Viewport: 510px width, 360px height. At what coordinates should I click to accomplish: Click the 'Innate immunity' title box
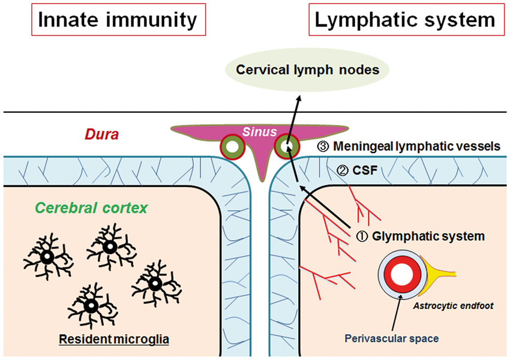pyautogui.click(x=119, y=20)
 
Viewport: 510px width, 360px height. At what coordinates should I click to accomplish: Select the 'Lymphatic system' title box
pyautogui.click(x=407, y=20)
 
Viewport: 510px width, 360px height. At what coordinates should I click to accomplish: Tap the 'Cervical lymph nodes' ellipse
pyautogui.click(x=307, y=70)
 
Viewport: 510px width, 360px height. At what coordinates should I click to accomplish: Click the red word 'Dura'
pyautogui.click(x=101, y=134)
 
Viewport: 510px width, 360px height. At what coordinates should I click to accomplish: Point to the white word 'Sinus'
pyautogui.click(x=260, y=131)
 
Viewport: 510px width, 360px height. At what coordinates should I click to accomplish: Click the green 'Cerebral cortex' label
pyautogui.click(x=91, y=208)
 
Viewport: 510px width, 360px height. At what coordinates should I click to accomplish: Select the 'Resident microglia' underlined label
pyautogui.click(x=114, y=339)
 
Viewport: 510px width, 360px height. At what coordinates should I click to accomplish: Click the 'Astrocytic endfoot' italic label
pyautogui.click(x=453, y=305)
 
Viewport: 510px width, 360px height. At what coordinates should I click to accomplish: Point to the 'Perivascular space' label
pyautogui.click(x=392, y=338)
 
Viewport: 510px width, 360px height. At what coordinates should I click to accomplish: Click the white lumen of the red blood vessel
pyautogui.click(x=402, y=274)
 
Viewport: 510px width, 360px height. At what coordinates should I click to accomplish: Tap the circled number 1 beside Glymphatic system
pyautogui.click(x=362, y=236)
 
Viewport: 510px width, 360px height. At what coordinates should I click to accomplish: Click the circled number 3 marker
pyautogui.click(x=323, y=146)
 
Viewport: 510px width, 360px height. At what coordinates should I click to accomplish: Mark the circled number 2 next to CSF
pyautogui.click(x=342, y=170)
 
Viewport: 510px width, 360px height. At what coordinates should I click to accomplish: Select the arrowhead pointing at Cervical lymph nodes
pyautogui.click(x=299, y=98)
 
